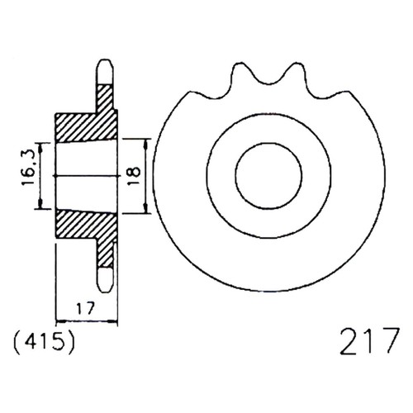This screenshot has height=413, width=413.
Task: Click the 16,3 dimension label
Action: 28,169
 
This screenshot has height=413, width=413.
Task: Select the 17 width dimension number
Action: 85,308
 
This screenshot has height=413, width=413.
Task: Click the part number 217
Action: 369,340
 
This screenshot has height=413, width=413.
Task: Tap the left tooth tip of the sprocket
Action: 239,64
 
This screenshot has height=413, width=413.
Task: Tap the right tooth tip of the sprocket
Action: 297,64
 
